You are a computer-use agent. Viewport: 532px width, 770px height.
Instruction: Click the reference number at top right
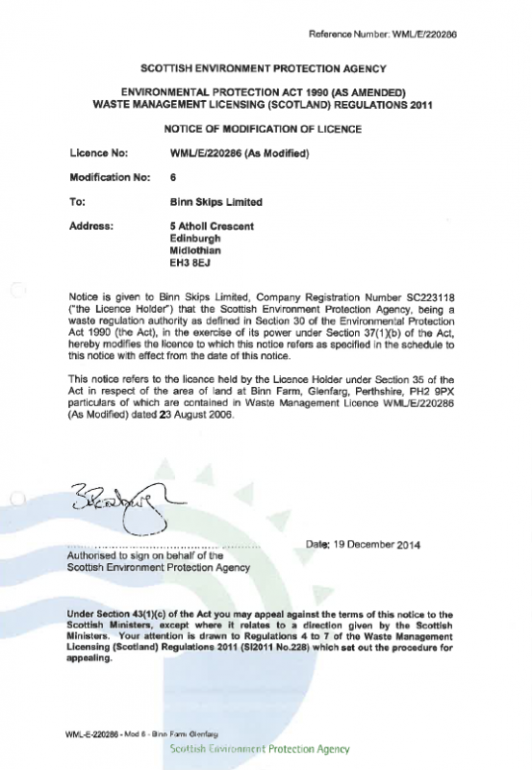click(395, 34)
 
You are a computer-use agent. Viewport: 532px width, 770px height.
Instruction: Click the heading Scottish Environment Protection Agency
click(264, 68)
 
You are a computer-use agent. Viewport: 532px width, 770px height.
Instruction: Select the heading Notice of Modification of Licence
click(263, 129)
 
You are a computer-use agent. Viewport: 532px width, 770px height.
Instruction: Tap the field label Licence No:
click(99, 153)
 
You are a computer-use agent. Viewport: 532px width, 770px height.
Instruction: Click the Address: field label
click(93, 226)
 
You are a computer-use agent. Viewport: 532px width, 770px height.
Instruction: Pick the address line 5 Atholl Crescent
click(212, 226)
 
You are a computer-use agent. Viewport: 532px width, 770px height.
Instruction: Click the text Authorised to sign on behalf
click(143, 556)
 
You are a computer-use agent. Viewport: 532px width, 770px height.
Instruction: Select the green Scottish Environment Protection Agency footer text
click(258, 749)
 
